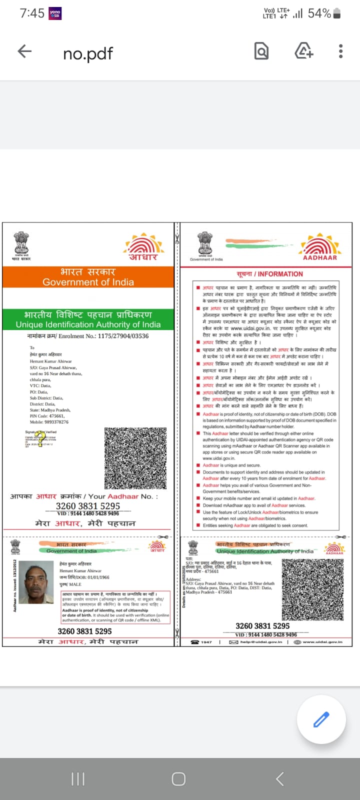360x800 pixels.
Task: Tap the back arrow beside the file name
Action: point(24,51)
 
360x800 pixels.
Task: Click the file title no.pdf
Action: point(88,53)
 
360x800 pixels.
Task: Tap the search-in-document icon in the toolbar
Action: point(261,51)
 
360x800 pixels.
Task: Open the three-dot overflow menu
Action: point(340,51)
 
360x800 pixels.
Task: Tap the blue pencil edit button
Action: point(321,719)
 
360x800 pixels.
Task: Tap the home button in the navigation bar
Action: point(178,778)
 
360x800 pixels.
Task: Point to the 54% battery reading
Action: point(319,13)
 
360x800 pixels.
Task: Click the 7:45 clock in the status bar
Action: point(32,13)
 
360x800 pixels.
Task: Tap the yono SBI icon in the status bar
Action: point(55,13)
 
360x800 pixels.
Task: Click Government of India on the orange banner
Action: point(88,282)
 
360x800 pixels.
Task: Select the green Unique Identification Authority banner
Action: point(88,319)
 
